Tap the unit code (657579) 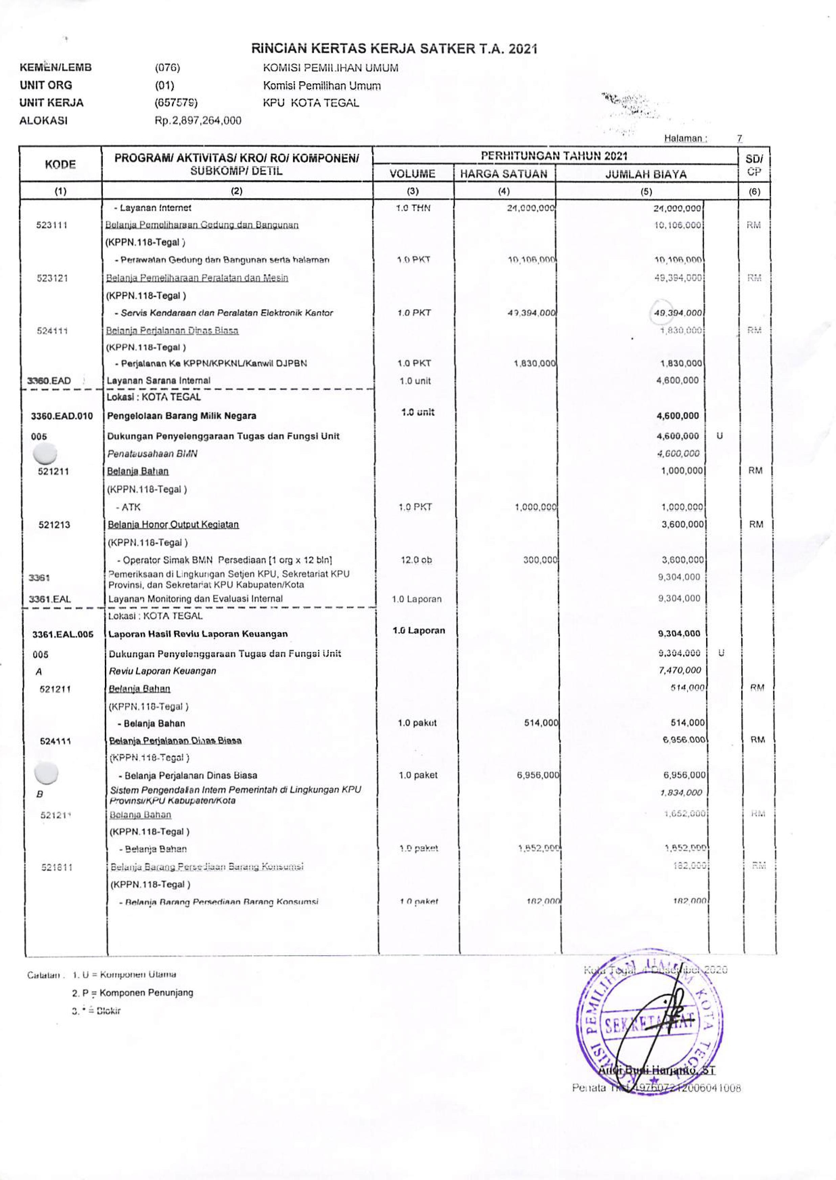point(176,103)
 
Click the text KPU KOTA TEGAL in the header point(311,103)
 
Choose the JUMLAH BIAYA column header point(646,175)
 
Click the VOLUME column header point(412,174)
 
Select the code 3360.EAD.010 point(62,416)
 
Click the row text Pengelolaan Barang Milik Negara point(182,416)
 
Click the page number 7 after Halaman point(739,138)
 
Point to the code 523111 point(52,225)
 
